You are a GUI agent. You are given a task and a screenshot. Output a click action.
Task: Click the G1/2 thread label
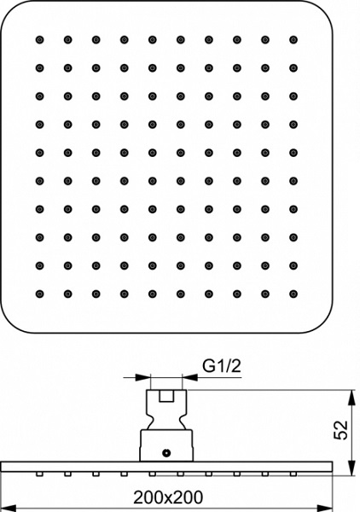point(222,366)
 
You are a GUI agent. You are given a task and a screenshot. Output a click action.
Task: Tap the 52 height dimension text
point(340,430)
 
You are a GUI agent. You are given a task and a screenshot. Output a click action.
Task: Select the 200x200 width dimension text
point(168,497)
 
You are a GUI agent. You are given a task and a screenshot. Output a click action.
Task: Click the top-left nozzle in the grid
point(39,40)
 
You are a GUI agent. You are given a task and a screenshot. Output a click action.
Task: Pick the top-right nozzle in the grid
point(293,40)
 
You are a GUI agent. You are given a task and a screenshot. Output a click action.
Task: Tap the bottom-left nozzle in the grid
point(39,294)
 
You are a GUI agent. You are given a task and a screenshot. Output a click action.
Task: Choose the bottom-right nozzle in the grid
point(293,294)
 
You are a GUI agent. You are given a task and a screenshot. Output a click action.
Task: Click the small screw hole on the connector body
point(166,453)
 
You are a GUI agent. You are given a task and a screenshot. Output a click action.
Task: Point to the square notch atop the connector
point(166,396)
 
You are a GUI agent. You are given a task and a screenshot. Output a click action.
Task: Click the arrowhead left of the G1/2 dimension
point(142,377)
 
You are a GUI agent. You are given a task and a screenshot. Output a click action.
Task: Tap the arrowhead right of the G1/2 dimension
point(190,377)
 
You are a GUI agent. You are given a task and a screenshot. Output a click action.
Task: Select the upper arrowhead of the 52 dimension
point(351,398)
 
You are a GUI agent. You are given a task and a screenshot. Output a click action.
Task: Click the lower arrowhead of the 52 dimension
point(351,468)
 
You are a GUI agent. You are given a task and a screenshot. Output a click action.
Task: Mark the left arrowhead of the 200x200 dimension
point(9,508)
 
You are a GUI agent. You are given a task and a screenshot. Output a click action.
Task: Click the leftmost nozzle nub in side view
point(39,474)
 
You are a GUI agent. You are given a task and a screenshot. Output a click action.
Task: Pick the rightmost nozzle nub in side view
point(293,474)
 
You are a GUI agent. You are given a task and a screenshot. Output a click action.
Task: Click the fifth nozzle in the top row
point(153,40)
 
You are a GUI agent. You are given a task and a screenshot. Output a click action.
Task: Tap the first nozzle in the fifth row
point(39,153)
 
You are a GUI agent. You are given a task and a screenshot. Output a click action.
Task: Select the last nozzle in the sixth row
point(293,181)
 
